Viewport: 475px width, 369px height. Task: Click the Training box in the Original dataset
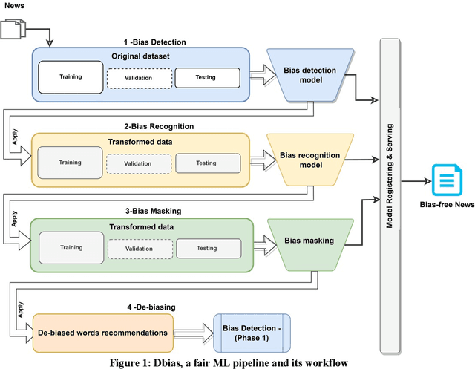(x=71, y=77)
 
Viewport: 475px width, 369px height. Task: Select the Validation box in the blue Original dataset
(x=138, y=77)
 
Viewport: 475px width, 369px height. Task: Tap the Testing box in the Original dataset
(x=206, y=77)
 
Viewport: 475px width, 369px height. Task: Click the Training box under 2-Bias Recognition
(x=70, y=163)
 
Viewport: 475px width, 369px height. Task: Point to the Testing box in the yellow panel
(x=206, y=163)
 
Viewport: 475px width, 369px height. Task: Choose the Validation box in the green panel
(x=138, y=248)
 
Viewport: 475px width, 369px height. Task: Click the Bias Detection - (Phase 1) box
(x=251, y=332)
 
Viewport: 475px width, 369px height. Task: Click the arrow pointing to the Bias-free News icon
(x=416, y=180)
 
